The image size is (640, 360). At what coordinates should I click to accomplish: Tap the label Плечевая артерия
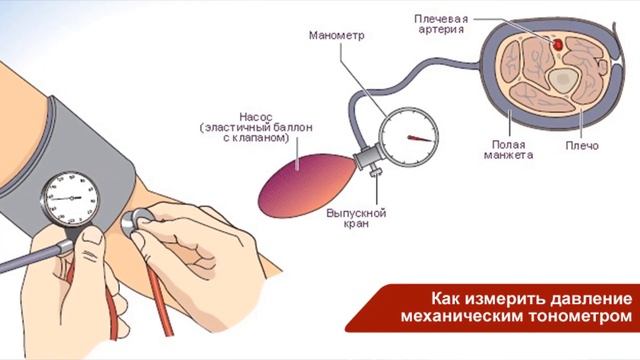pyautogui.click(x=442, y=23)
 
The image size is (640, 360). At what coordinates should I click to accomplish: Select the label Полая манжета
pyautogui.click(x=507, y=150)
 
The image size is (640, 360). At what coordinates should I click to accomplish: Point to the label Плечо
pyautogui.click(x=581, y=146)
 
